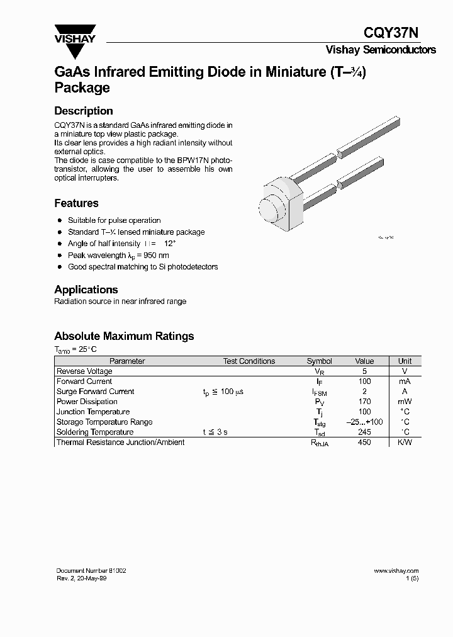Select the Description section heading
coord(84,111)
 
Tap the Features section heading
coord(76,203)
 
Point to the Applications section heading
coord(86,290)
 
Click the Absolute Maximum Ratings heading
coord(124,336)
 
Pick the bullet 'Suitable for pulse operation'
coord(114,220)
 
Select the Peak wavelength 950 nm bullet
coord(118,255)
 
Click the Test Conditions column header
coord(249,361)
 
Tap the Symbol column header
coord(319,361)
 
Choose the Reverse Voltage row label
coord(84,371)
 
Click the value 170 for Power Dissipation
coord(364,402)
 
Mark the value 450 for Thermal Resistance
coord(364,443)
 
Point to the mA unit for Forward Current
coord(405,381)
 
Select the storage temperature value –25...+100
coord(364,422)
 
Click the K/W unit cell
coord(405,443)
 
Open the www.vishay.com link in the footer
coord(396,570)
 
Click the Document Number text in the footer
coord(91,570)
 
